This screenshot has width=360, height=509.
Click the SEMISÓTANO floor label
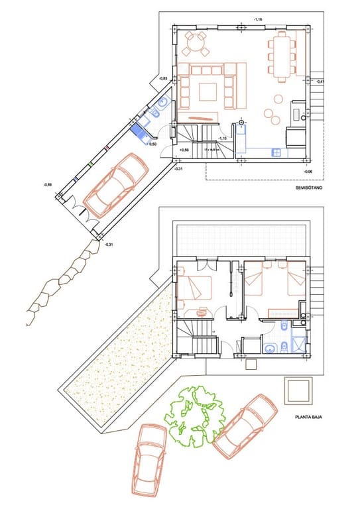coord(308,190)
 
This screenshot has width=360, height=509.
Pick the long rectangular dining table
coord(282,55)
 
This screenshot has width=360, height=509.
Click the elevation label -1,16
coord(259,20)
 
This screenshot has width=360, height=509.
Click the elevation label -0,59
coord(48,184)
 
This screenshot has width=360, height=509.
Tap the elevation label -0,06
coord(308,172)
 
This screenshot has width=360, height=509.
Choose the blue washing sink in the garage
coord(141,133)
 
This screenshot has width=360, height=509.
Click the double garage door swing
coord(80,211)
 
